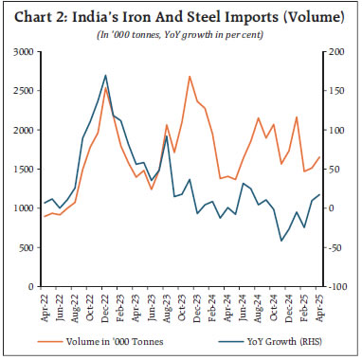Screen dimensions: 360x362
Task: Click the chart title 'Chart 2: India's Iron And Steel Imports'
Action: click(180, 12)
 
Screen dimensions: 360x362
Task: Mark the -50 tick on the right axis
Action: click(336, 246)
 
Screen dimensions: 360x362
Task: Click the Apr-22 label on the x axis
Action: click(44, 305)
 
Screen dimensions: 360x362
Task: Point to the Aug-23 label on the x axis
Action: click(167, 305)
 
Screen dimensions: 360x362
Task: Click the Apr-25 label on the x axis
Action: click(319, 305)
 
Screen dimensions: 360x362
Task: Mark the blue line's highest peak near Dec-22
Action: click(105, 75)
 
